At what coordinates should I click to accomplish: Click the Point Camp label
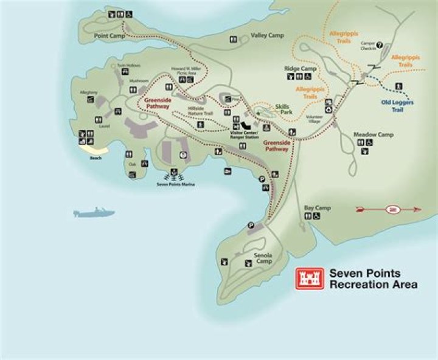point(109,36)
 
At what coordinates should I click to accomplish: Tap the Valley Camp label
point(267,36)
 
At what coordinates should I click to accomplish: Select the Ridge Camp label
point(301,69)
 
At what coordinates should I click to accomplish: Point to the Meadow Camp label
point(373,134)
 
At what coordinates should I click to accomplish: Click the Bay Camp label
point(317,208)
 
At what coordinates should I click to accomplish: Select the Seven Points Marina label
point(176,183)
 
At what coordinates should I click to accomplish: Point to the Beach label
point(96,158)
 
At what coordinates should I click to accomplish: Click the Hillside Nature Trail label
point(201,112)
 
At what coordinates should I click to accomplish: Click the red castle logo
point(309,279)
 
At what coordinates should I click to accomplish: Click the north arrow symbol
point(388,209)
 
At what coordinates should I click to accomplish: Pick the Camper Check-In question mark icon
point(380,44)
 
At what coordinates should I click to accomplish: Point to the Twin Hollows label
point(129,65)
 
